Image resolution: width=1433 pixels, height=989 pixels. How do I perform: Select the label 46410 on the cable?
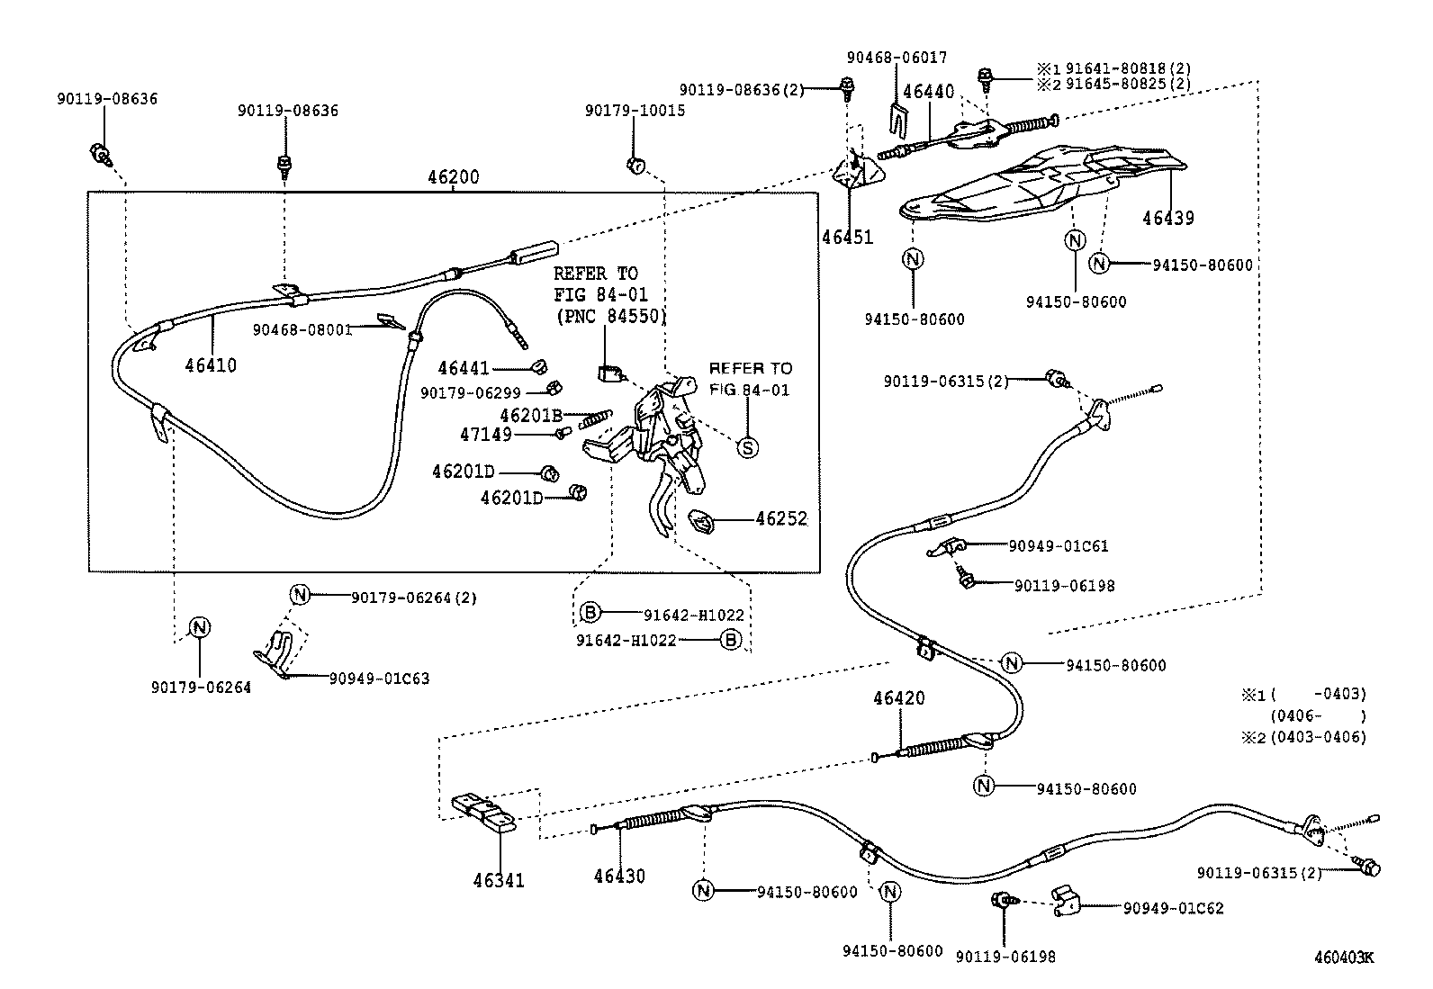[x=211, y=365]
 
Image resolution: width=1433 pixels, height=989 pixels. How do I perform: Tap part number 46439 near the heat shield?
[x=1168, y=218]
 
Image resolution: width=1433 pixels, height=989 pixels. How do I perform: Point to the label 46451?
[x=847, y=237]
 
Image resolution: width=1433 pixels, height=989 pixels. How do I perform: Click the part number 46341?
[x=499, y=880]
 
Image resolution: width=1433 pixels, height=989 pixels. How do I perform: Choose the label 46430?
[x=619, y=876]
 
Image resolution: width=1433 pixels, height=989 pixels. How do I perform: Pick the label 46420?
[x=898, y=698]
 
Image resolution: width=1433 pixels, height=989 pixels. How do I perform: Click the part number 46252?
[x=781, y=519]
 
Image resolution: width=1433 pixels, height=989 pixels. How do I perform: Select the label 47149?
[x=486, y=435]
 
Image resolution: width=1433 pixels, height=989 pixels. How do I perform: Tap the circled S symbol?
[x=748, y=446]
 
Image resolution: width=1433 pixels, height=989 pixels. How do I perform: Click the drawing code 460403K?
[x=1343, y=958]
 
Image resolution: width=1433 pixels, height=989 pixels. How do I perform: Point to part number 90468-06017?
[x=897, y=58]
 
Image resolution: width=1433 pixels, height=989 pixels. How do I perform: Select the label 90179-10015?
[x=635, y=110]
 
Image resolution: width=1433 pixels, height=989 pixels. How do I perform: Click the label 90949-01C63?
[x=379, y=679]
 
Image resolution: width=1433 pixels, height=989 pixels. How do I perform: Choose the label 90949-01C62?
[x=1173, y=908]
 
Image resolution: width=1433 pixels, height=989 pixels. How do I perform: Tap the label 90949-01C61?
[x=1059, y=545]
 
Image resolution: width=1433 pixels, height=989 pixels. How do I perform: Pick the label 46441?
[x=464, y=368]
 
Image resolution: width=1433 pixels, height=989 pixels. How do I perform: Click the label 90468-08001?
[x=302, y=329]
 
